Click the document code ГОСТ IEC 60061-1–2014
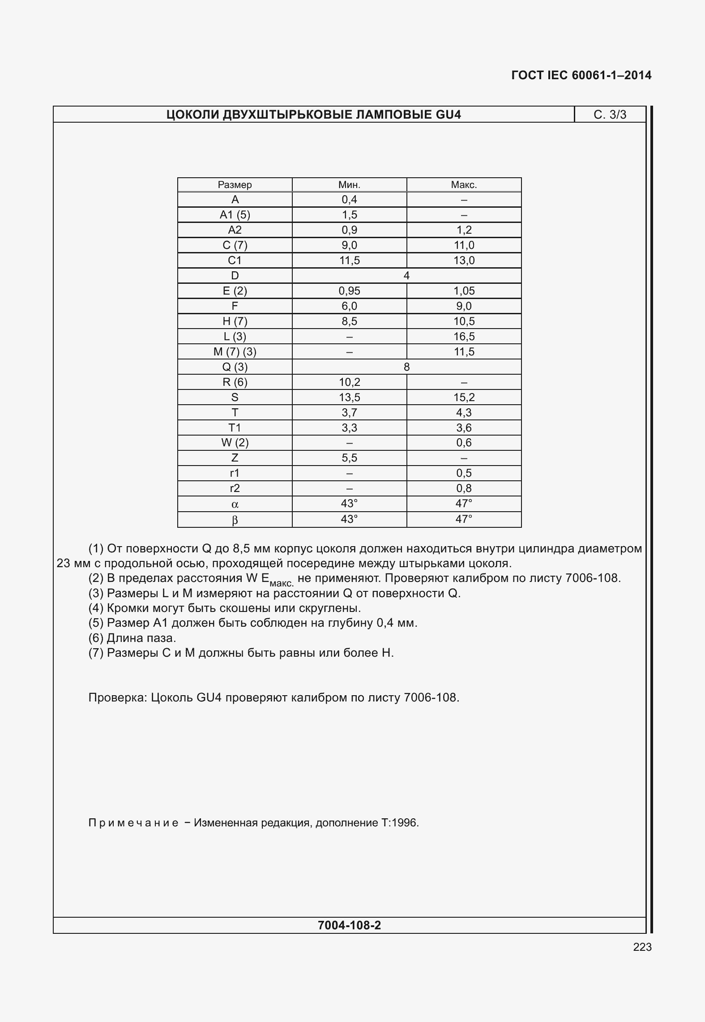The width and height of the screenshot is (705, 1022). [581, 75]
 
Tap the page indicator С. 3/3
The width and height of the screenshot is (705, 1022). [610, 115]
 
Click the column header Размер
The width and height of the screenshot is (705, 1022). [235, 185]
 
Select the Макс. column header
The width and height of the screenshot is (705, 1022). [464, 185]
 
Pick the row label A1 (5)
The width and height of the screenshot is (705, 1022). [235, 215]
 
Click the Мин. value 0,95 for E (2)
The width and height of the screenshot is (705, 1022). [349, 291]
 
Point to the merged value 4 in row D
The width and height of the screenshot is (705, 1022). [406, 276]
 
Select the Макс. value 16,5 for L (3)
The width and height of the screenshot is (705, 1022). [464, 337]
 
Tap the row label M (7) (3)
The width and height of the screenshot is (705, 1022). [235, 352]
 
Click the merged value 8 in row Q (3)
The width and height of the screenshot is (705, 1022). [406, 367]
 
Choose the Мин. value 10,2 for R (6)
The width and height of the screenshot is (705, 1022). [349, 382]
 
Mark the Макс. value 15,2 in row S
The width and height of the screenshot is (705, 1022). [464, 398]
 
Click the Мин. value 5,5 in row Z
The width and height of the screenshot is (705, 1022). [349, 458]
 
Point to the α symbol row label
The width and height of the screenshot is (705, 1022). [235, 505]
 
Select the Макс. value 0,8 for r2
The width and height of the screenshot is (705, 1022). [464, 488]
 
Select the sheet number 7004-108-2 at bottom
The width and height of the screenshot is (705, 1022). [349, 925]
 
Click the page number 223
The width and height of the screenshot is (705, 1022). [642, 947]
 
